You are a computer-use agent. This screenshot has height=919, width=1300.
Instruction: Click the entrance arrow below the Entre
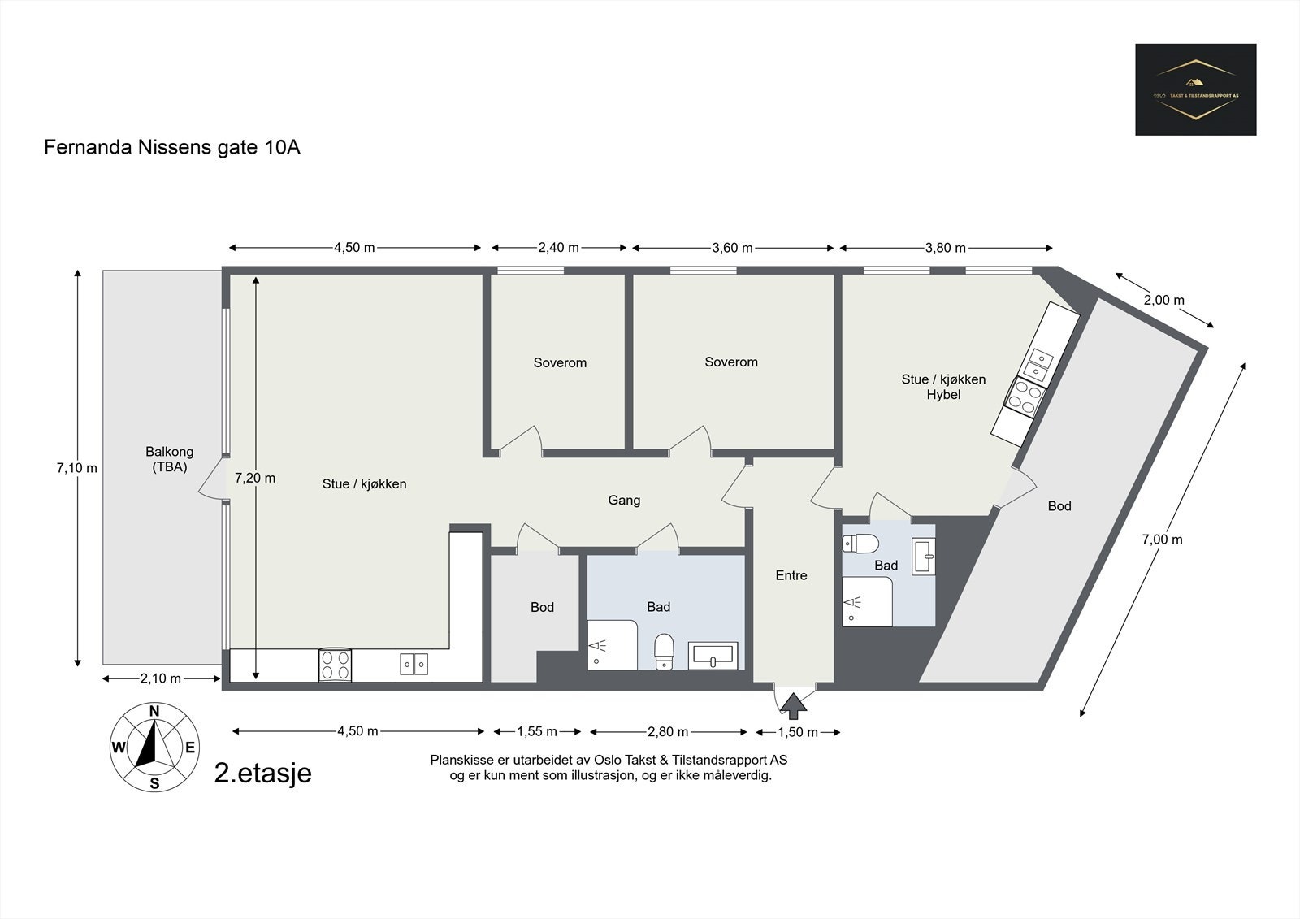point(794,704)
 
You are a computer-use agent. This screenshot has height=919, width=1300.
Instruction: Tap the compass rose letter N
point(154,712)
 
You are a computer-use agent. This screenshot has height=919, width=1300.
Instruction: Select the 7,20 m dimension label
point(255,478)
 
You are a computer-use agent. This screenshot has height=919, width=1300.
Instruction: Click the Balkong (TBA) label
point(169,459)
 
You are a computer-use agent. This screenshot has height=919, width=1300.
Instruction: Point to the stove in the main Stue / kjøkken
point(336,665)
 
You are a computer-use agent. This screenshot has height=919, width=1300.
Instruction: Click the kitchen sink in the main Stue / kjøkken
point(414,664)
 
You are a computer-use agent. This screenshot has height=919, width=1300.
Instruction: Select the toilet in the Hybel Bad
point(863,542)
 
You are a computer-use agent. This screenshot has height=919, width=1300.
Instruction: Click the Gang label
point(624,500)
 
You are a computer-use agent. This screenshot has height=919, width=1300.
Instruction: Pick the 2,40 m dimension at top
point(559,248)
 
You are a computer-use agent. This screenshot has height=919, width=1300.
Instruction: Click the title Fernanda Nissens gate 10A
point(172,148)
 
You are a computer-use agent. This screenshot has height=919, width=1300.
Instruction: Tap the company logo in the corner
point(1195,89)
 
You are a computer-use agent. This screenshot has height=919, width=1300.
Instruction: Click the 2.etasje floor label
point(262,773)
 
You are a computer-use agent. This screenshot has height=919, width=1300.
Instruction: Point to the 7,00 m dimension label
point(1162,539)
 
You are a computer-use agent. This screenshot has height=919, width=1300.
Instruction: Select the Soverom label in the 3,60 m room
point(731,362)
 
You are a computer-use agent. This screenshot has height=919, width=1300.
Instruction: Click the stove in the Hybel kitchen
point(1024,397)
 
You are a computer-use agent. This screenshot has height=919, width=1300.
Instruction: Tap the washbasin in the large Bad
point(713,655)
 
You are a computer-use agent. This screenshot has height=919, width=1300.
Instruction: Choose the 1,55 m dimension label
point(537,731)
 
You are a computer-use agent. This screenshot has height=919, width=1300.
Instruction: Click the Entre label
point(791,575)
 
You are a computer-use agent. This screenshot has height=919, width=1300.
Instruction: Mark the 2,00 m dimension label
point(1163,300)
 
